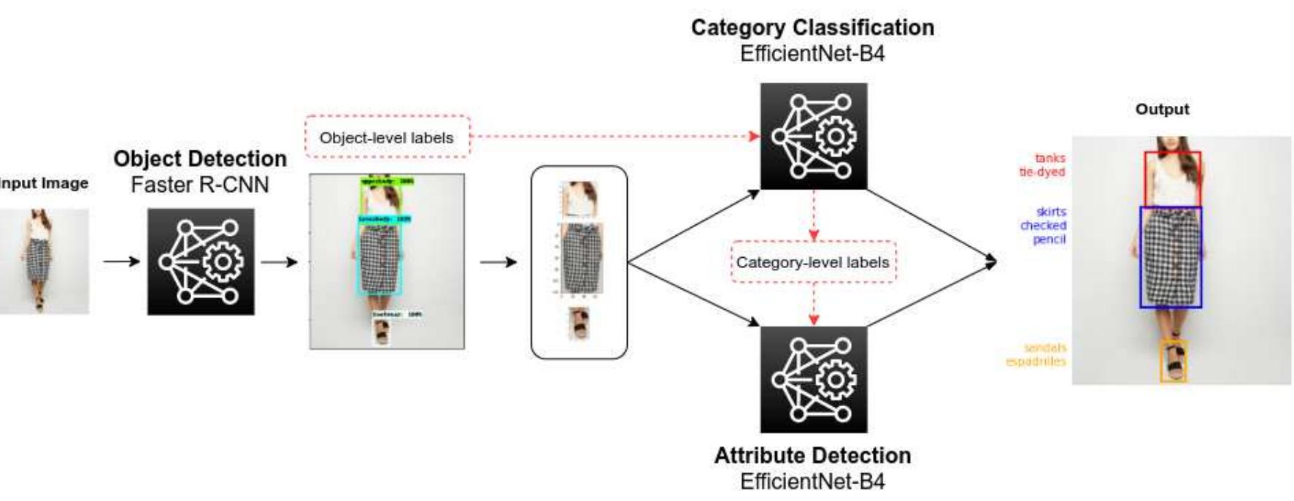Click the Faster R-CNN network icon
pyautogui.click(x=201, y=261)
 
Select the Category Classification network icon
pyautogui.click(x=813, y=136)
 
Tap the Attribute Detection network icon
pyautogui.click(x=813, y=379)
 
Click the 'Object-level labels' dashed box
pyautogui.click(x=387, y=137)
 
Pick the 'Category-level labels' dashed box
pyautogui.click(x=812, y=262)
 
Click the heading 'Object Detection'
pyautogui.click(x=200, y=158)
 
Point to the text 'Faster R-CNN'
pyautogui.click(x=200, y=185)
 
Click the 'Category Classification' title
pyautogui.click(x=812, y=28)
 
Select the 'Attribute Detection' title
pyautogui.click(x=812, y=456)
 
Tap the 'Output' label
pyautogui.click(x=1162, y=110)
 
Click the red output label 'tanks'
pyautogui.click(x=1050, y=158)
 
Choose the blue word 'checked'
pyautogui.click(x=1043, y=226)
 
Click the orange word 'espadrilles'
pyautogui.click(x=1036, y=362)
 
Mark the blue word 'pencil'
pyautogui.click(x=1049, y=240)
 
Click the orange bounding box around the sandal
pyautogui.click(x=1174, y=361)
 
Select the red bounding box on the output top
pyautogui.click(x=1172, y=179)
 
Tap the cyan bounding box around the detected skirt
pyautogui.click(x=380, y=256)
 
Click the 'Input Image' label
pyautogui.click(x=44, y=183)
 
